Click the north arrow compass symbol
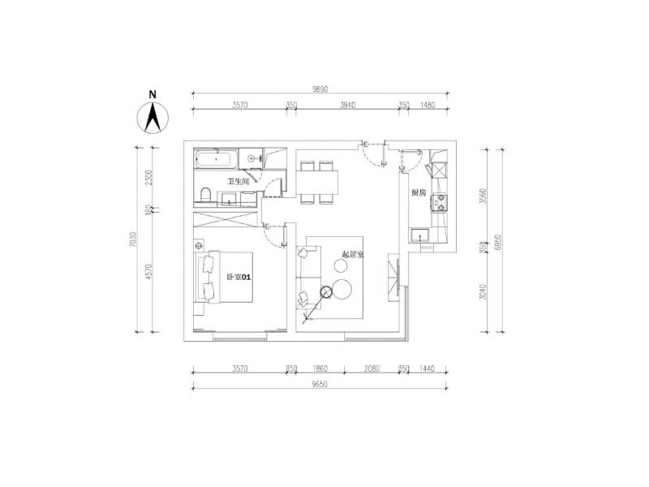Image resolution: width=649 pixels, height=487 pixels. (x=152, y=114)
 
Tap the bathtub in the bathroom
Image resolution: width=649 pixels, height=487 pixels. (x=215, y=158)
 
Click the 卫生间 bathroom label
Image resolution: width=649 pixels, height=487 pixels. (x=238, y=182)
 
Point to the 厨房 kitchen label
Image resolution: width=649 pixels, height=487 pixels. (x=419, y=193)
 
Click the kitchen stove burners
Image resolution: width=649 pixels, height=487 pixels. (x=441, y=201)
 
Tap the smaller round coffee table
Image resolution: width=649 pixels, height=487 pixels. (x=325, y=293)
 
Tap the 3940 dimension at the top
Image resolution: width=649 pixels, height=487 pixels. (x=347, y=106)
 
